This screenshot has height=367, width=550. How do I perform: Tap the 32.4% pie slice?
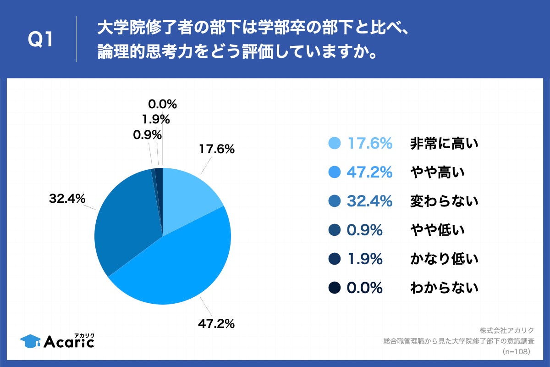[126, 220]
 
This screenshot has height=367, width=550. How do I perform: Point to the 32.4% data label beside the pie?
[67, 199]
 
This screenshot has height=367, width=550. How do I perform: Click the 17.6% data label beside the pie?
[216, 149]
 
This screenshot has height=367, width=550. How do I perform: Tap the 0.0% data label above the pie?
[162, 105]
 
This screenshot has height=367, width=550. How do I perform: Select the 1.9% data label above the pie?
[156, 120]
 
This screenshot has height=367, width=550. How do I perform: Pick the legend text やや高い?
[437, 172]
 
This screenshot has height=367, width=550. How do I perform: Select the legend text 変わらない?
[444, 201]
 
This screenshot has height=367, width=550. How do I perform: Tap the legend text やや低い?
[437, 230]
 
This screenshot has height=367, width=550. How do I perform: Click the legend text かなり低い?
[444, 259]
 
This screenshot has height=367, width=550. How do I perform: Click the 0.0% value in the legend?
[364, 288]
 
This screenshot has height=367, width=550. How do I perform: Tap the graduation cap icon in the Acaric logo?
[30, 341]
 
